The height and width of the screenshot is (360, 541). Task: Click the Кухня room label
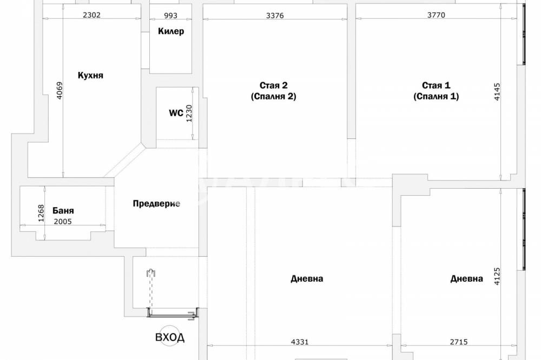pos(90,75)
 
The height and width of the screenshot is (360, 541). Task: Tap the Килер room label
pos(171,31)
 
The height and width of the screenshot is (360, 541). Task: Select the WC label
pos(176,113)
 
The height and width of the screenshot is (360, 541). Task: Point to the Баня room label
pos(63,210)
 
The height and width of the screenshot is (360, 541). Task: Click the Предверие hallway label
pos(157,204)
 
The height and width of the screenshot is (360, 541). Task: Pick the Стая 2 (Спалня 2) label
pos(274,91)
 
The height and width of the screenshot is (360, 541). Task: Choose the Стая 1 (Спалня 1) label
pos(436,91)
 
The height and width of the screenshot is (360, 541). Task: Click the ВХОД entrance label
pos(170,337)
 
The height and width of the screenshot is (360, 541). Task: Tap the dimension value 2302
pos(92,15)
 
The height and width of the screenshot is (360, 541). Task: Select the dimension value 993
pos(171,16)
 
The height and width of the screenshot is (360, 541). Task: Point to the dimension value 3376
pos(275,16)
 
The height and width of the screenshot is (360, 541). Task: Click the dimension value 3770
pos(436,15)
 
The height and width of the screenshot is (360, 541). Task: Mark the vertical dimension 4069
pos(60,91)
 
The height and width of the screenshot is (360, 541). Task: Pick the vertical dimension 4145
pos(497,92)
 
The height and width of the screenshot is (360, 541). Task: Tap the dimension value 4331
pos(300,342)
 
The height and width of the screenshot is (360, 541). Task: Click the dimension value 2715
pos(459,342)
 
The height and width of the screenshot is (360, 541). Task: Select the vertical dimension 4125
pos(497,276)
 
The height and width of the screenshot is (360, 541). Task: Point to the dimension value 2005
pos(63,222)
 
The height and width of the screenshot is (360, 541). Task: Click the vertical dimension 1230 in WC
pos(189,114)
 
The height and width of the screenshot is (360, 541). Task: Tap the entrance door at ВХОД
pos(173,313)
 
